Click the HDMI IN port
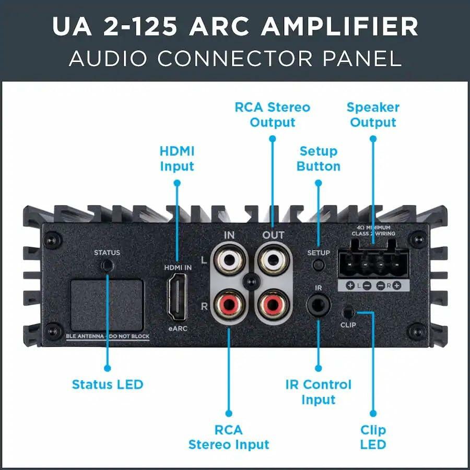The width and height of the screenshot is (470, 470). tap(177, 297)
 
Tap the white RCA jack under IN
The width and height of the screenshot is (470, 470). tap(230, 260)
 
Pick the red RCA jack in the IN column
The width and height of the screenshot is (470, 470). tap(230, 305)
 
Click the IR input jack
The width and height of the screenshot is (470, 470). tap(319, 305)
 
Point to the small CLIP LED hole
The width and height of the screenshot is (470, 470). tap(348, 313)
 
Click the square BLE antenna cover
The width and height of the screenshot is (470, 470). tap(107, 305)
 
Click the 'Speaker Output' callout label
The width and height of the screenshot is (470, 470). tap(373, 115)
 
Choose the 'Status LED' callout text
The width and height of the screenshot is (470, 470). tap(108, 384)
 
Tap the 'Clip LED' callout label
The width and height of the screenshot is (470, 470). tap(373, 437)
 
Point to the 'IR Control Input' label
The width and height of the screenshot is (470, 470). tap(319, 392)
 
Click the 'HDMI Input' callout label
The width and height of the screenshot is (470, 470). tap(177, 159)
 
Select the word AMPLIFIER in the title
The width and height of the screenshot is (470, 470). tap(339, 26)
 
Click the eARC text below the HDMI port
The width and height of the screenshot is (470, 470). tap(178, 328)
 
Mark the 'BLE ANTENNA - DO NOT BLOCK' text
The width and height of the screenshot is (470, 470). tap(108, 336)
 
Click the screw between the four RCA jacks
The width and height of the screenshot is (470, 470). tap(251, 282)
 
